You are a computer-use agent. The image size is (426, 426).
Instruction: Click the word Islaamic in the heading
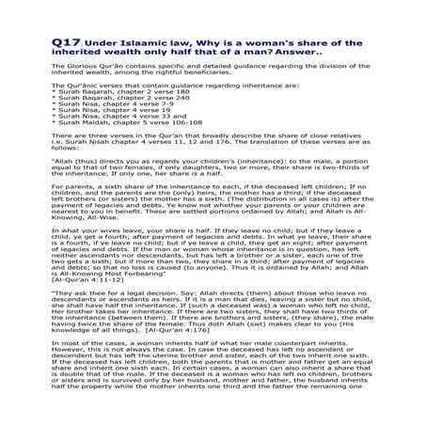(129, 44)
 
